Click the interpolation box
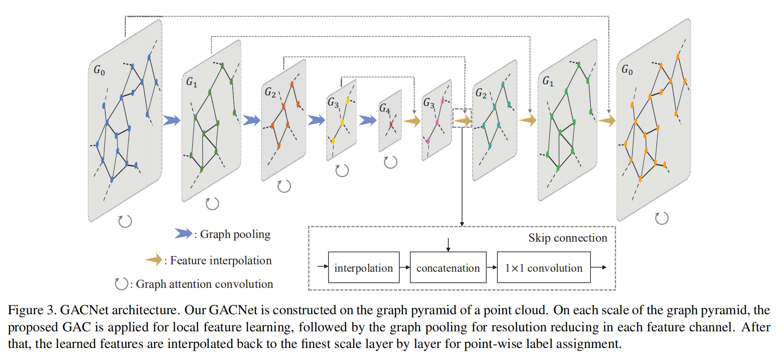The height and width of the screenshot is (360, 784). click(x=363, y=268)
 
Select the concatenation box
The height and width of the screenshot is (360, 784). click(x=448, y=268)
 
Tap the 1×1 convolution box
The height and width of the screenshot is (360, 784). click(x=544, y=268)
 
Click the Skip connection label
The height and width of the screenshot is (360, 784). click(x=568, y=238)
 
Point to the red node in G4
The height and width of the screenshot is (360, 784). click(x=391, y=124)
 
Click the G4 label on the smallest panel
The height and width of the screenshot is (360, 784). click(x=385, y=109)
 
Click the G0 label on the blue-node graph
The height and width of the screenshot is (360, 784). click(x=99, y=70)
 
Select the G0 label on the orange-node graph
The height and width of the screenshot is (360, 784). click(x=627, y=70)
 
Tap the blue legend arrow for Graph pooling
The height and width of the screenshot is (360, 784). click(x=183, y=233)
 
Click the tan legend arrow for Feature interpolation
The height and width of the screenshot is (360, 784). click(x=153, y=260)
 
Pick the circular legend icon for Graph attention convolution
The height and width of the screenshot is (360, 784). click(x=121, y=283)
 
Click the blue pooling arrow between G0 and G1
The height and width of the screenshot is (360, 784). click(x=171, y=121)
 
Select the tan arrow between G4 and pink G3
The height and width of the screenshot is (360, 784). click(x=411, y=121)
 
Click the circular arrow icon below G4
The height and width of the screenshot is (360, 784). click(x=391, y=162)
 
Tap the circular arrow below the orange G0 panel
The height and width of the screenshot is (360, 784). click(x=661, y=218)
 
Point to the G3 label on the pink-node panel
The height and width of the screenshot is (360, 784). click(x=429, y=103)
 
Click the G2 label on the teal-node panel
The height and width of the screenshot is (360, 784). click(x=481, y=93)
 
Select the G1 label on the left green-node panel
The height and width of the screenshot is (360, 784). click(x=192, y=82)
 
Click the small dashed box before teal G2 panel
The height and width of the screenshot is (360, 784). click(x=462, y=118)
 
